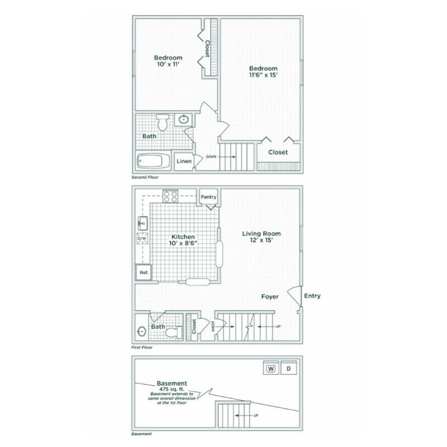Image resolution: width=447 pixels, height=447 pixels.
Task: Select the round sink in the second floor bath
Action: (184, 119)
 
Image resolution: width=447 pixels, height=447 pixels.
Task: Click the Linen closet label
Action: (184, 161)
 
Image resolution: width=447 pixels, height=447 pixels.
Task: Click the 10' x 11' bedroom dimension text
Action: (168, 65)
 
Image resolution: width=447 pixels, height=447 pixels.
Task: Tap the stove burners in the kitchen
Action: (170, 196)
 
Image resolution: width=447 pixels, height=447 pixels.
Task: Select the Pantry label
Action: (208, 197)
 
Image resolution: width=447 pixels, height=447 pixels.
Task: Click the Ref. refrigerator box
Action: (144, 272)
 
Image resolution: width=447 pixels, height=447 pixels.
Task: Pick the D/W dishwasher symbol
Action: (142, 239)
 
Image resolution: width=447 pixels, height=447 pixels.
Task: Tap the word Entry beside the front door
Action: (312, 296)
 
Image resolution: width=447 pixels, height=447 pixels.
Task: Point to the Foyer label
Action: (270, 297)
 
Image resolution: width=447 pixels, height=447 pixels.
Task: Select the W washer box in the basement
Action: (271, 368)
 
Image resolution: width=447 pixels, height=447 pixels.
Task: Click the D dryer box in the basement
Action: (288, 368)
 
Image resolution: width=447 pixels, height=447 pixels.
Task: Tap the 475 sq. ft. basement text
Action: (172, 389)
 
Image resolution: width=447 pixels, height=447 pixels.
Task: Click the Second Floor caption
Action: (145, 177)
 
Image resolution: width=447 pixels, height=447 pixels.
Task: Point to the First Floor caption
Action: (142, 348)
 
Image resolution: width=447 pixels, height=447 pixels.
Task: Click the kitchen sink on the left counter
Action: (142, 223)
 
